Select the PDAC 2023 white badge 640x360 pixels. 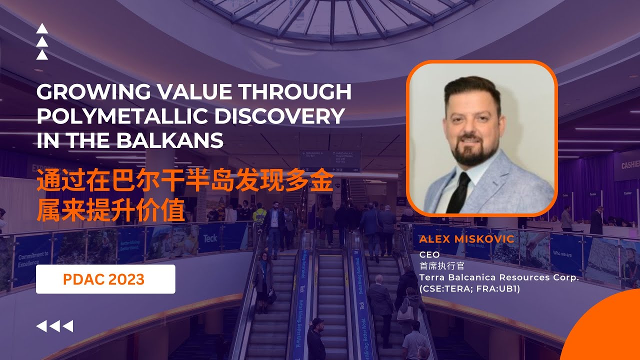[105, 279]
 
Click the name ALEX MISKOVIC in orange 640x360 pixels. [466, 239]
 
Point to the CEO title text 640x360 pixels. [429, 254]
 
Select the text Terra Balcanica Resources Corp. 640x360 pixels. [498, 277]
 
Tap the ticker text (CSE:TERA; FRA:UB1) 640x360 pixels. [469, 288]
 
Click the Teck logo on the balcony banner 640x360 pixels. [210, 238]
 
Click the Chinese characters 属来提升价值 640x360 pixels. [111, 211]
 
